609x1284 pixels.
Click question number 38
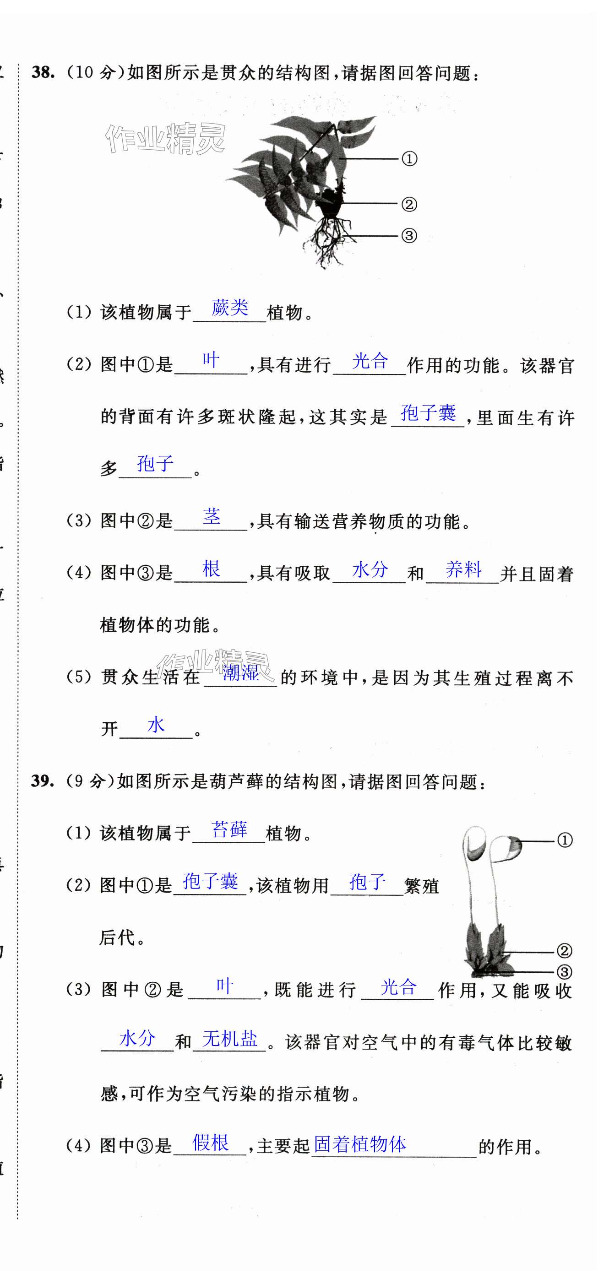[43, 72]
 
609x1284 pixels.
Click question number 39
[43, 780]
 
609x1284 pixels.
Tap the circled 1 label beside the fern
[409, 159]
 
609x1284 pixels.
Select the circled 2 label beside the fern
[409, 204]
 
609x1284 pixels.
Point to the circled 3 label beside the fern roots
[409, 236]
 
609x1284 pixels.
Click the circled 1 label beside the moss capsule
[565, 841]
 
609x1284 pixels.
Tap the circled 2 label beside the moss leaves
[564, 951]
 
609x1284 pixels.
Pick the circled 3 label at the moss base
[564, 971]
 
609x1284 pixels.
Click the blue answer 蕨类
[229, 308]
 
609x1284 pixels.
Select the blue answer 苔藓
[229, 829]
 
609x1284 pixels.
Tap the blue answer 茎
[212, 516]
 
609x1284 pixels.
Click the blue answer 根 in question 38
[212, 569]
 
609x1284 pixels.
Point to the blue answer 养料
[463, 569]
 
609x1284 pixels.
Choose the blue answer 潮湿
[240, 673]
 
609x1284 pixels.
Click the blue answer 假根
[211, 1143]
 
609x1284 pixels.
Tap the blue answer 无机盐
[229, 1039]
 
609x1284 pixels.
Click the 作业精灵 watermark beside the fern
[165, 139]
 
